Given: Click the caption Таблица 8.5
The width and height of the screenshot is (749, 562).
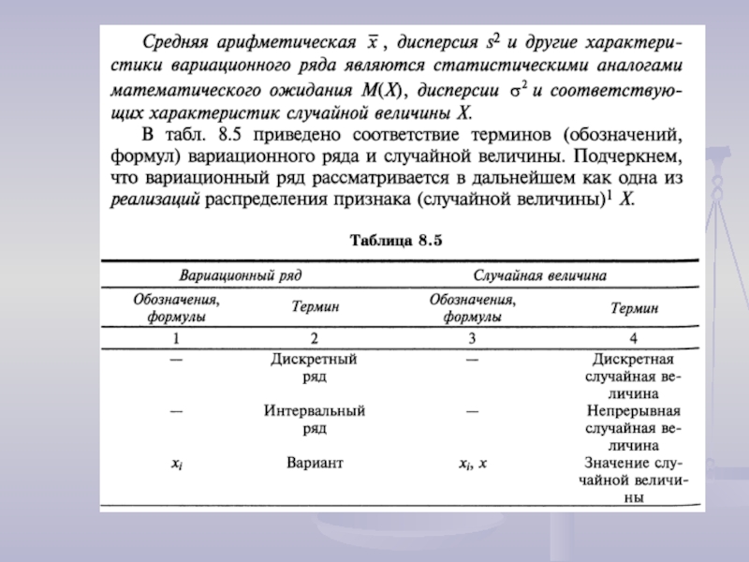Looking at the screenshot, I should tap(395, 240).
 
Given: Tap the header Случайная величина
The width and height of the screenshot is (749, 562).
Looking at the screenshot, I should tap(540, 276).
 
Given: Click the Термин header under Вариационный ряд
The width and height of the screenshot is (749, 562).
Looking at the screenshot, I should tap(315, 307).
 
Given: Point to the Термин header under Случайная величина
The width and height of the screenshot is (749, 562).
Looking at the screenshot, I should tap(634, 307).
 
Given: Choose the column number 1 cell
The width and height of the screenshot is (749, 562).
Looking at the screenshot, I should tap(176, 337).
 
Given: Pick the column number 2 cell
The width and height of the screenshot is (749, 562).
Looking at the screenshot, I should tap(315, 337).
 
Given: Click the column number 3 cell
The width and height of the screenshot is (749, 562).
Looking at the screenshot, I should tap(472, 337).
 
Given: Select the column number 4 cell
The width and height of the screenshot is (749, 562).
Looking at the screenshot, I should tap(634, 337).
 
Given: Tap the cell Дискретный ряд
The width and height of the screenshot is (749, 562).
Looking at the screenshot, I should tap(314, 367).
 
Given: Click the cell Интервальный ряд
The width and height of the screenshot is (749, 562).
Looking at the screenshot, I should tap(314, 419).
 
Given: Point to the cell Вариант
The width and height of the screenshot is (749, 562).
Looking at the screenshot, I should tap(315, 463).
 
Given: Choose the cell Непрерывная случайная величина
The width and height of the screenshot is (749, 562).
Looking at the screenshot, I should tap(634, 427).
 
